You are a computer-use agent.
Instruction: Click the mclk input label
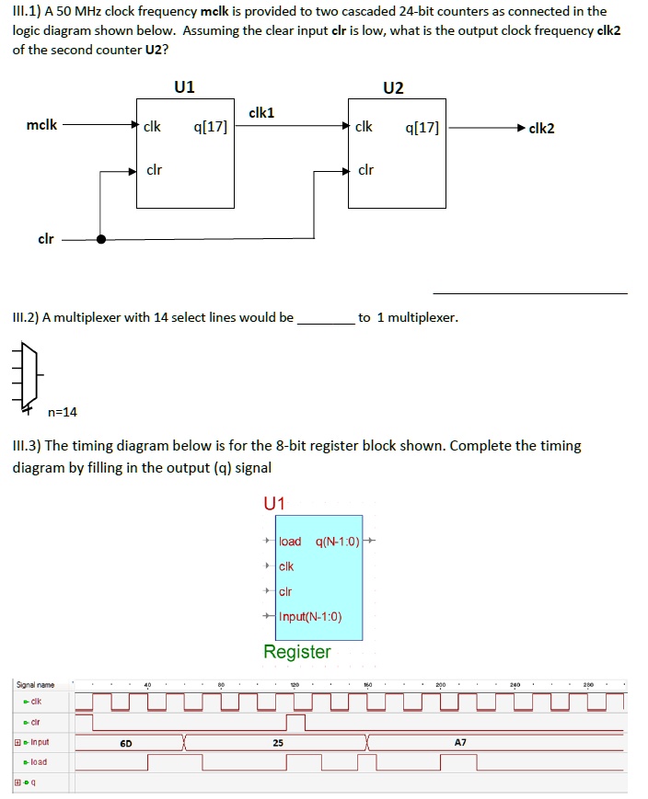(x=42, y=126)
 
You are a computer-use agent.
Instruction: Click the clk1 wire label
(x=261, y=112)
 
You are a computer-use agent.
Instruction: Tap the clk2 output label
(x=541, y=128)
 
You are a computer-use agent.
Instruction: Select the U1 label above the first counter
(x=184, y=87)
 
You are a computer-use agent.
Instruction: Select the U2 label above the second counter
(x=393, y=87)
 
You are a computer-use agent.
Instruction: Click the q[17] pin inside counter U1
(x=210, y=127)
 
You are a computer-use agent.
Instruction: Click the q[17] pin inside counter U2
(x=422, y=128)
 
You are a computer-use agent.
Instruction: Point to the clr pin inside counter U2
(x=365, y=170)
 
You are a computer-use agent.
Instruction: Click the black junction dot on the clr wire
(x=101, y=239)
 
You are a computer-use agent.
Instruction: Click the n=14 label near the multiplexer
(x=63, y=412)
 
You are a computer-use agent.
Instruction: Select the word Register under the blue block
(x=296, y=652)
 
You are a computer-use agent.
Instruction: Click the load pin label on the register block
(x=289, y=541)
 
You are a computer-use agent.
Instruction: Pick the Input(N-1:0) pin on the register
(x=309, y=616)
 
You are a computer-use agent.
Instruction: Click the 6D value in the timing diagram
(x=127, y=741)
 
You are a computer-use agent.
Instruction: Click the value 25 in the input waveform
(x=277, y=741)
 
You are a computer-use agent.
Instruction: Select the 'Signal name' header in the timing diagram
(x=35, y=684)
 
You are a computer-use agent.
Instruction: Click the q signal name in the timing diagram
(x=33, y=782)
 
